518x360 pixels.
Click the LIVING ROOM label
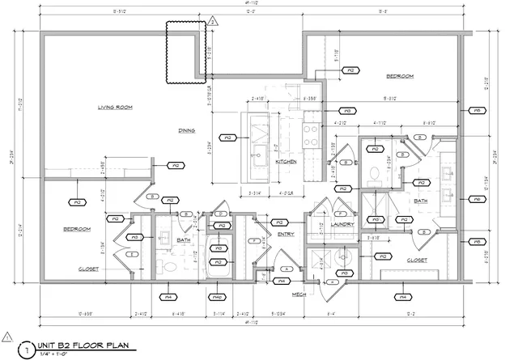pyautogui.click(x=115, y=107)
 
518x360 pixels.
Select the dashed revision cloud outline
pyautogui.click(x=183, y=52)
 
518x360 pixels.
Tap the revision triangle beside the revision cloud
pyautogui.click(x=212, y=22)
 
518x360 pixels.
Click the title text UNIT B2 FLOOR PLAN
pyautogui.click(x=84, y=343)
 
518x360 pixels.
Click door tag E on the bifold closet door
pyautogui.click(x=131, y=253)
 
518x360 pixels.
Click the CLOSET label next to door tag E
pyautogui.click(x=87, y=269)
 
